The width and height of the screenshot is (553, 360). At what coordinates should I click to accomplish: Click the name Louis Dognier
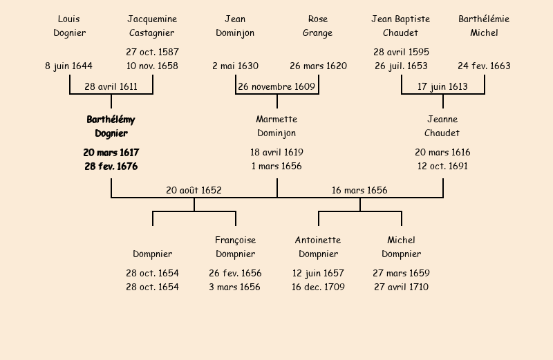pyautogui.click(x=69, y=26)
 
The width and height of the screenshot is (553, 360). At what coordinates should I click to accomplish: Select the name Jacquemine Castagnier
pyautogui.click(x=152, y=26)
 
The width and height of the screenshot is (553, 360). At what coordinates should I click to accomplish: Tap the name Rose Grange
pyautogui.click(x=318, y=26)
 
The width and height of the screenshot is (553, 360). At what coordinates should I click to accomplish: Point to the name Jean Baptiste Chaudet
pyautogui.click(x=401, y=26)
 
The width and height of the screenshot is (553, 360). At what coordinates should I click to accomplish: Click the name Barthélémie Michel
pyautogui.click(x=484, y=26)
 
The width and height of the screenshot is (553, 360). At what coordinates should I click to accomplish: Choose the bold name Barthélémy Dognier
pyautogui.click(x=111, y=126)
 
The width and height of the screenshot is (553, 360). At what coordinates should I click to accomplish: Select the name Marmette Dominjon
pyautogui.click(x=276, y=126)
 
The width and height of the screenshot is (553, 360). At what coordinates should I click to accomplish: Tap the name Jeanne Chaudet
pyautogui.click(x=442, y=126)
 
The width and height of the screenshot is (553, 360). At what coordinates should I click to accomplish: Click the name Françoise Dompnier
pyautogui.click(x=235, y=247)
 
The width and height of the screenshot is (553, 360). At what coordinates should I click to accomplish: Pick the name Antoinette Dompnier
pyautogui.click(x=318, y=247)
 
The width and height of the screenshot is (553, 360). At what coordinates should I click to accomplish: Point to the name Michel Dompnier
pyautogui.click(x=401, y=247)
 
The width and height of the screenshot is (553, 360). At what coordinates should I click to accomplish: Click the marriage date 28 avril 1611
pyautogui.click(x=111, y=87)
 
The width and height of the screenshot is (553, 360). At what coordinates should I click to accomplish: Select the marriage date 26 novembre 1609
pyautogui.click(x=276, y=87)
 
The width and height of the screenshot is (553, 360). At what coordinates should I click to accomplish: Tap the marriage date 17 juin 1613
pyautogui.click(x=442, y=87)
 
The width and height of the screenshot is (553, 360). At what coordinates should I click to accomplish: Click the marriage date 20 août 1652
pyautogui.click(x=194, y=191)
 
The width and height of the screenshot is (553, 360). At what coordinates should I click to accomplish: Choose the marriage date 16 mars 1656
pyautogui.click(x=359, y=191)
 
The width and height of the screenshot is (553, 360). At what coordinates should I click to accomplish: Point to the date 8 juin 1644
pyautogui.click(x=69, y=66)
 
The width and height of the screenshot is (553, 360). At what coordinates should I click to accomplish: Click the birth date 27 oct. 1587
pyautogui.click(x=152, y=52)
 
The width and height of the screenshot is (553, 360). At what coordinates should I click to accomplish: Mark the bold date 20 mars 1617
pyautogui.click(x=111, y=152)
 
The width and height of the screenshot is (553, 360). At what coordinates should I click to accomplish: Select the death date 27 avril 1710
pyautogui.click(x=401, y=287)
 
